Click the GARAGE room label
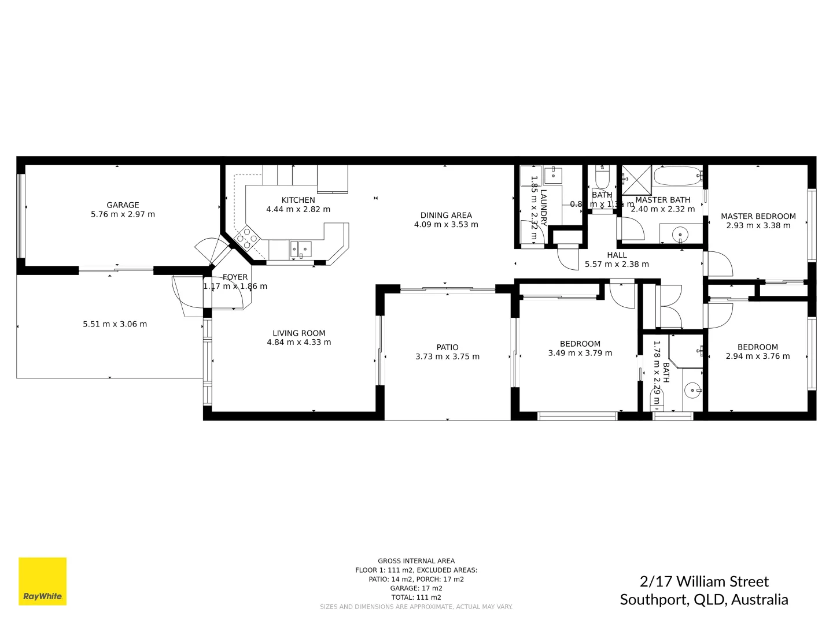(123, 205)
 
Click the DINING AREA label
(446, 216)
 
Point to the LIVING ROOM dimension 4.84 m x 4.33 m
(298, 342)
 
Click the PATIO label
(447, 347)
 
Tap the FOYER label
(235, 277)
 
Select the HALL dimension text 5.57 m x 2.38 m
(617, 264)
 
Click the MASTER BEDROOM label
(758, 217)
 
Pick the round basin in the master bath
(681, 235)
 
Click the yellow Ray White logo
(43, 581)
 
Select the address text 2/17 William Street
(704, 581)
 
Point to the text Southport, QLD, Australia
(704, 600)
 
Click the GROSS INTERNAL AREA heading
(416, 561)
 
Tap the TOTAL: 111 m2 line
(416, 597)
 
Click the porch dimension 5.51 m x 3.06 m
(115, 324)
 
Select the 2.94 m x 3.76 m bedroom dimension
(757, 356)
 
